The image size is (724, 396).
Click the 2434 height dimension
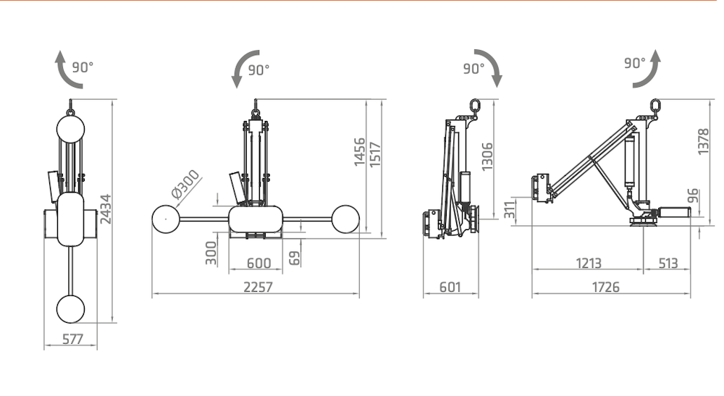pos(106,209)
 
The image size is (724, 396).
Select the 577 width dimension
pos(72,340)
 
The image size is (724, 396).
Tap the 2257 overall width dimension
pos(258,287)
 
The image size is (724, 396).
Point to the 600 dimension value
pos(258,263)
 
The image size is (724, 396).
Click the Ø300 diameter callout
pos(185,184)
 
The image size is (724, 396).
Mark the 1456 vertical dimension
pos(359,152)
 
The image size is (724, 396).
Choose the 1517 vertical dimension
pos(375,155)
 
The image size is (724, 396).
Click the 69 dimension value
pos(295,258)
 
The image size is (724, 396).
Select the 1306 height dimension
pos(487,157)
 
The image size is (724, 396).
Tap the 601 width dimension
pos(450,287)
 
